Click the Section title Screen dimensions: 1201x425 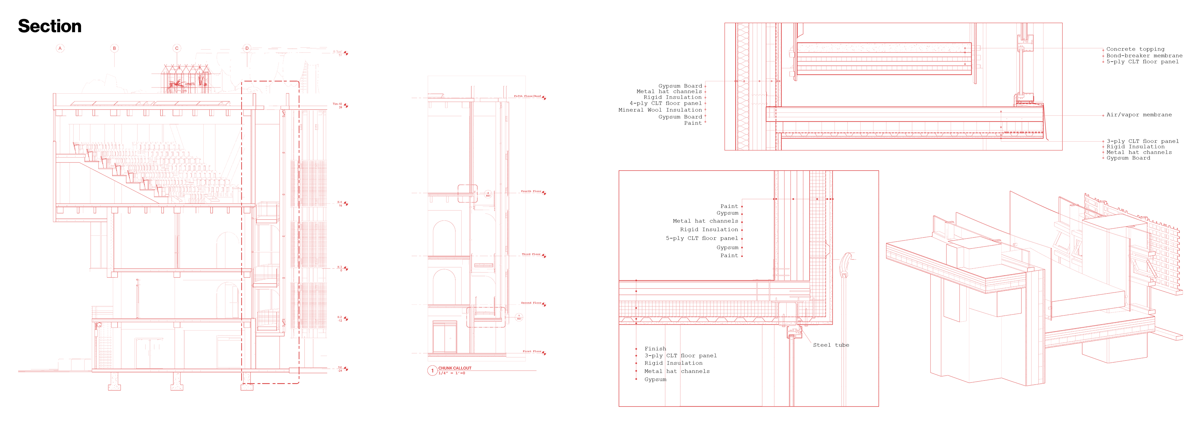click(50, 26)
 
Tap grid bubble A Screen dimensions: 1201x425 click(60, 48)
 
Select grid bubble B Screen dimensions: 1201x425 click(114, 48)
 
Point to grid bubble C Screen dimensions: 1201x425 click(177, 48)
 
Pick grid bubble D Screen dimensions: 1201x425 click(247, 48)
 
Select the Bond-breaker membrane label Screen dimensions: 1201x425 click(1144, 55)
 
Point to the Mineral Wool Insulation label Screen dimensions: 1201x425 click(660, 110)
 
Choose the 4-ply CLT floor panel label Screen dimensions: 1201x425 click(665, 104)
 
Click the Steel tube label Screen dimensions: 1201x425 click(831, 345)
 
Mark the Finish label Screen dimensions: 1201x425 click(655, 349)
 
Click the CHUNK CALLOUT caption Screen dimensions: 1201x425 click(454, 368)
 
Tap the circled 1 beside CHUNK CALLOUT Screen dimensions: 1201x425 click(432, 371)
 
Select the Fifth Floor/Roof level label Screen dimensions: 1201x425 click(527, 96)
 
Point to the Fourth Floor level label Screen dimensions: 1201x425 click(530, 191)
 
